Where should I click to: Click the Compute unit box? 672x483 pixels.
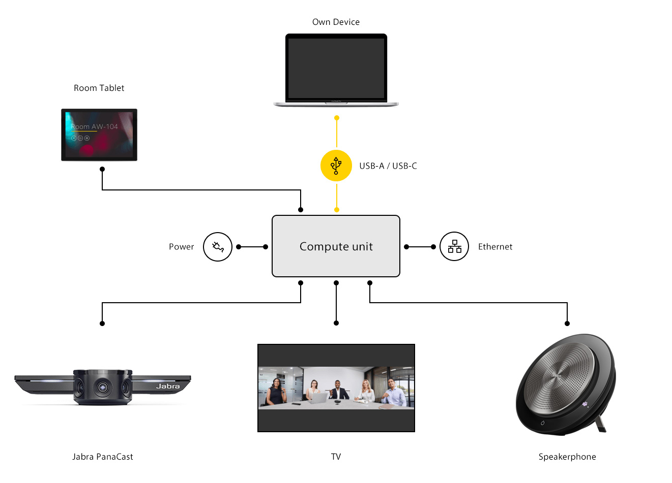coord(336,246)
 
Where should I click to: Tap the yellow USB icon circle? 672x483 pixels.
coord(336,166)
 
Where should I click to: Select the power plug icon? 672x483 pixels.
coord(218,247)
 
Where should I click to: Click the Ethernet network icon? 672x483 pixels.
coord(454,247)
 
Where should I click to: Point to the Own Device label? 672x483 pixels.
coord(336,22)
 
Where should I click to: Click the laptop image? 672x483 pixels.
coord(336,69)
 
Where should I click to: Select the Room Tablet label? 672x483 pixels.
coord(99,88)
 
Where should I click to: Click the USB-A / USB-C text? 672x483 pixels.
coord(388,166)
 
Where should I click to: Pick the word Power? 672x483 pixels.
coord(182,247)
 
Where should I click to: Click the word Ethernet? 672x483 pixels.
coord(495,247)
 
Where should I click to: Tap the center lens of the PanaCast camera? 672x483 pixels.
coord(103,387)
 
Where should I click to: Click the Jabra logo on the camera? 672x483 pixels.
coord(168,387)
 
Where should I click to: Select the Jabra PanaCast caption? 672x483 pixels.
coord(102,457)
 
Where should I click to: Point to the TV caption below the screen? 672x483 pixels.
coord(336,457)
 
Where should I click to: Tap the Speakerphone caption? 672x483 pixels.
coord(567,457)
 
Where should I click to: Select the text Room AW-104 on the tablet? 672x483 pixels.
coord(94,126)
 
